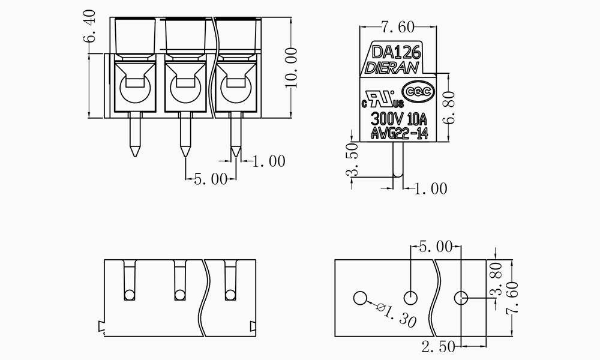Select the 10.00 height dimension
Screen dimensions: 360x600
(291, 67)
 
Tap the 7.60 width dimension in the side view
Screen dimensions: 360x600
(398, 26)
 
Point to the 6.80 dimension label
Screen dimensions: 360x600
(452, 107)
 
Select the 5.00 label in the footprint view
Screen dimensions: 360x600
(435, 247)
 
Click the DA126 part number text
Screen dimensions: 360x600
(396, 52)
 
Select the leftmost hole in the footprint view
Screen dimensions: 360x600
(360, 298)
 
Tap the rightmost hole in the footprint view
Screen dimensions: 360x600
(461, 298)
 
